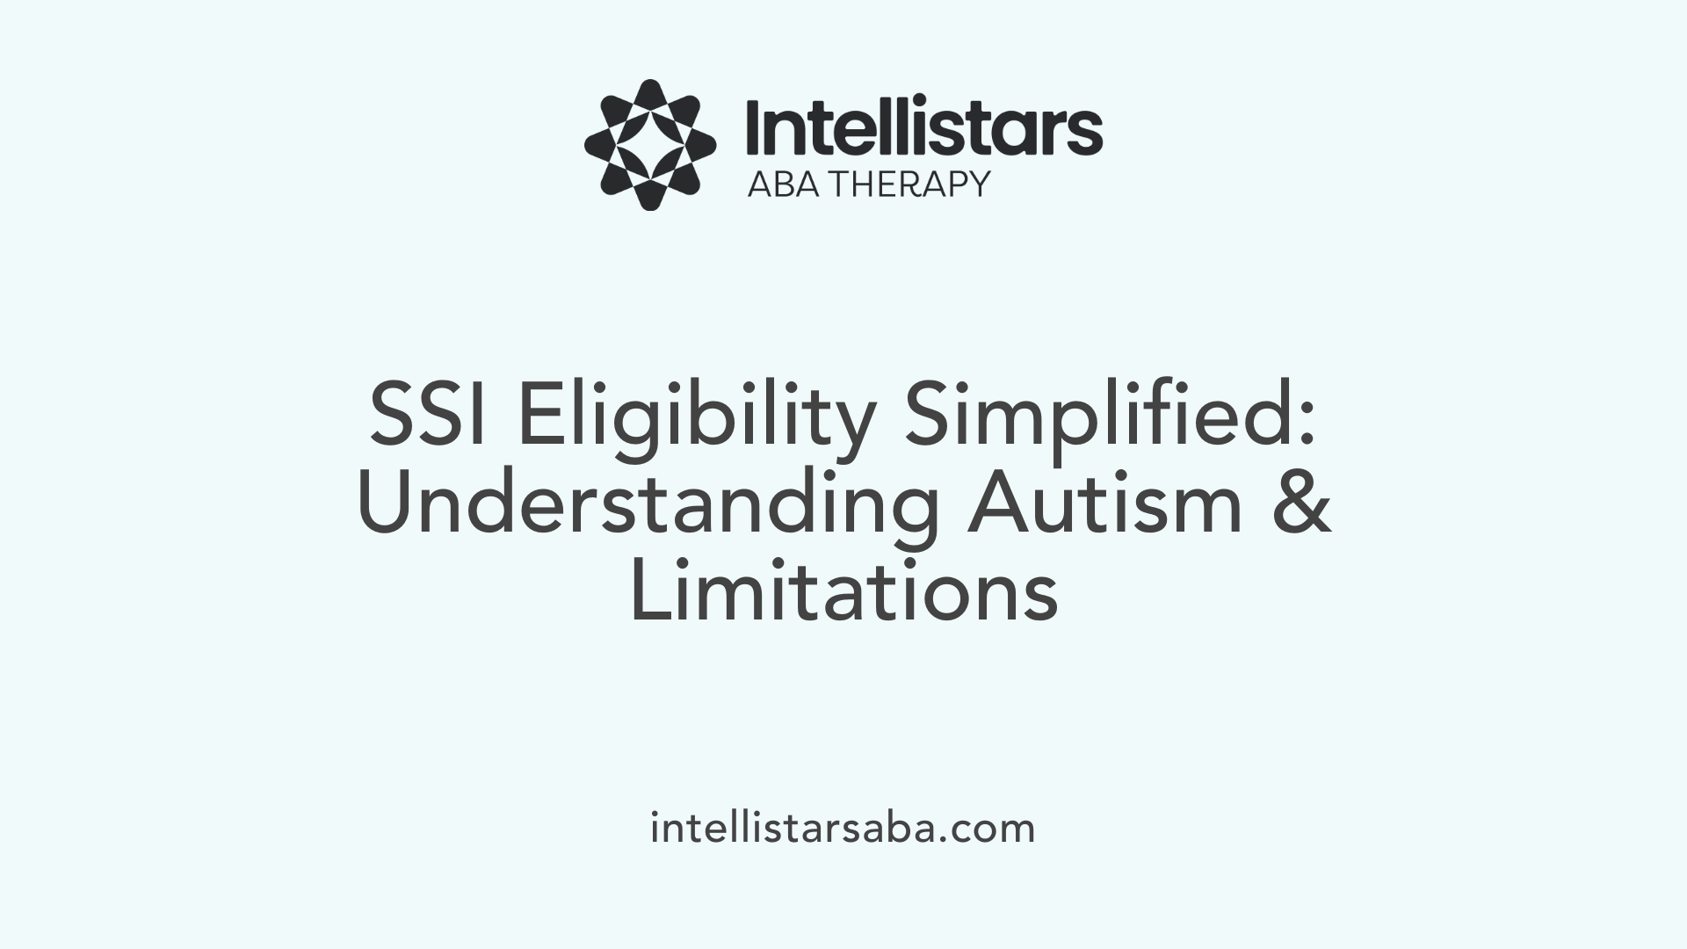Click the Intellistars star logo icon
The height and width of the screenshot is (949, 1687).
649,145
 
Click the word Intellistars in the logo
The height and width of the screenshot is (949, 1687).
923,128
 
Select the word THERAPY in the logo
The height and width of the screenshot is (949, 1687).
910,184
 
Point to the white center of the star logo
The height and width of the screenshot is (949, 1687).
649,145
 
